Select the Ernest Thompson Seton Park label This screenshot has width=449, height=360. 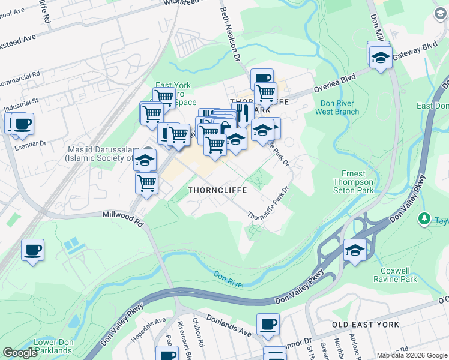354,182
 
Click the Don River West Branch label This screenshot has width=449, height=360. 337,107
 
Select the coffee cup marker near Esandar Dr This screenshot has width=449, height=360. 22,124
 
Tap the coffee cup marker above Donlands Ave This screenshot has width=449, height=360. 268,325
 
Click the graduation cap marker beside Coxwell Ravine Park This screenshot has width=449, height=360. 355,250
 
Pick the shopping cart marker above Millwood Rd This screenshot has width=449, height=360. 146,184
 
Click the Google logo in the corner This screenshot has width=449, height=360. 20,353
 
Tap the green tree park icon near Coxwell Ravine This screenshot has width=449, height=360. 426,217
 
